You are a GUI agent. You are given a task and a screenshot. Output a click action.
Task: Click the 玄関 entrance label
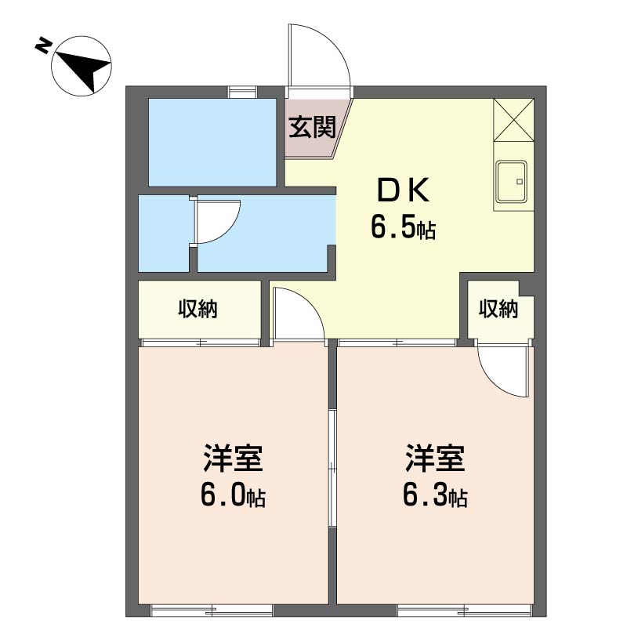click(x=312, y=127)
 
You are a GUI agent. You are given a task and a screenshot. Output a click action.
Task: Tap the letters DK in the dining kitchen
click(x=403, y=190)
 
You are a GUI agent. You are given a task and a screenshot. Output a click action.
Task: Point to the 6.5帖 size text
click(x=403, y=227)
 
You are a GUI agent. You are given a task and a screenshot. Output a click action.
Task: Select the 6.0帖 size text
click(x=233, y=496)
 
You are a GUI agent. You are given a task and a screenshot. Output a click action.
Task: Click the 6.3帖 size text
click(x=435, y=496)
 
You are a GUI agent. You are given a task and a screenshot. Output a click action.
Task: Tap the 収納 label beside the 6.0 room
click(x=198, y=309)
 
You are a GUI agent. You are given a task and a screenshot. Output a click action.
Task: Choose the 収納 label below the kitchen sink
click(x=498, y=309)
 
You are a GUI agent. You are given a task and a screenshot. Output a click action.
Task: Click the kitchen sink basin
click(x=512, y=182)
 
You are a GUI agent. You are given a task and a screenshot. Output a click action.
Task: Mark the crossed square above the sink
click(x=513, y=120)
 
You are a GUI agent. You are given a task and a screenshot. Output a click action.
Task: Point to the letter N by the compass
click(x=43, y=45)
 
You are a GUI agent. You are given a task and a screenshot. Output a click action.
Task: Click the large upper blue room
click(x=212, y=143)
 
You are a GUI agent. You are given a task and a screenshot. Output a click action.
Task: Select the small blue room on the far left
click(x=164, y=234)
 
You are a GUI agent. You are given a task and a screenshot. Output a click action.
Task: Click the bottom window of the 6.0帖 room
click(x=212, y=611)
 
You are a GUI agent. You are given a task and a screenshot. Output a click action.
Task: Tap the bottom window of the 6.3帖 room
click(x=465, y=611)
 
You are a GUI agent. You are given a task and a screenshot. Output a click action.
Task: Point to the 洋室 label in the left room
click(x=233, y=458)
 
